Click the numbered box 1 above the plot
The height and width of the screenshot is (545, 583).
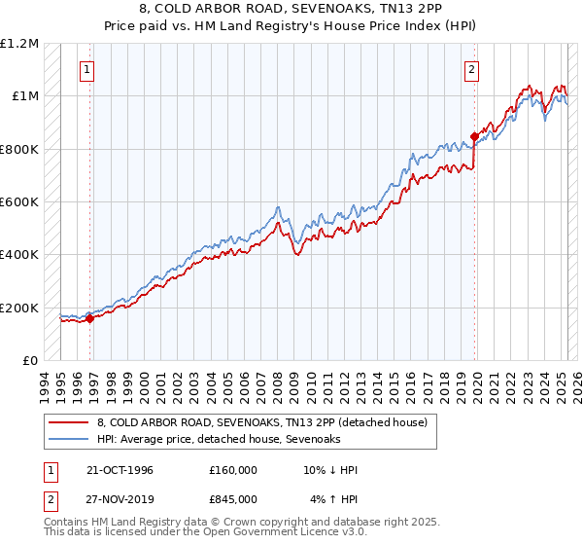pyautogui.click(x=87, y=69)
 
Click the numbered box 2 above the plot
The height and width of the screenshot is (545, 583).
pyautogui.click(x=471, y=69)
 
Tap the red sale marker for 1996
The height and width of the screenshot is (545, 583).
pyautogui.click(x=89, y=317)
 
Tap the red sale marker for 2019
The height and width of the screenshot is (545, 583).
pyautogui.click(x=474, y=136)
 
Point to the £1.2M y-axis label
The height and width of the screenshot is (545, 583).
pyautogui.click(x=19, y=44)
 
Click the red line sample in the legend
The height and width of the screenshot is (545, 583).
pyautogui.click(x=69, y=422)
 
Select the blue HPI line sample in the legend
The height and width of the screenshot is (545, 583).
pyautogui.click(x=69, y=439)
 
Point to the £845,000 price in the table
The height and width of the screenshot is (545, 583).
pyautogui.click(x=232, y=498)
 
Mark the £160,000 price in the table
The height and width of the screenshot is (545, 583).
pyautogui.click(x=232, y=470)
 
